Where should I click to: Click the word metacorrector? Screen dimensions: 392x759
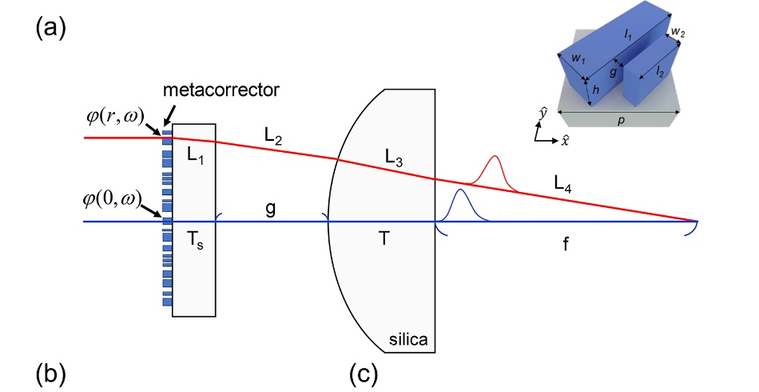tap(221, 90)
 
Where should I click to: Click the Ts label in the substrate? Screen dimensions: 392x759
tap(194, 245)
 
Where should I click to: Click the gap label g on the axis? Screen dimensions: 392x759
tap(271, 206)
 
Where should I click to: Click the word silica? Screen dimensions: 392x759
tap(408, 340)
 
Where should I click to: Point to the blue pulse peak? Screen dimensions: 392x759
tap(459, 190)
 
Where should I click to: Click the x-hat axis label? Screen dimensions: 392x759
tap(566, 141)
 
